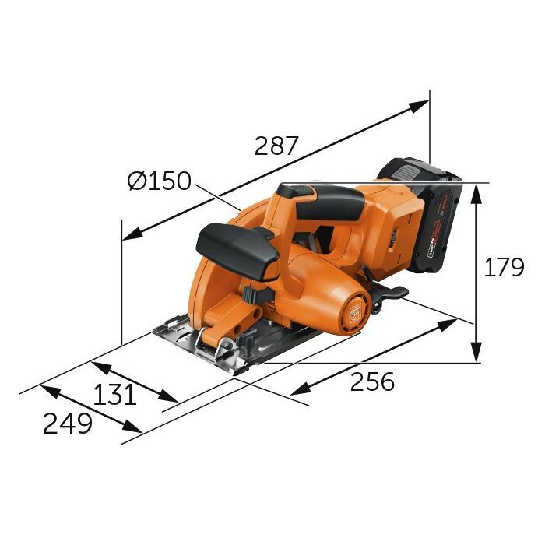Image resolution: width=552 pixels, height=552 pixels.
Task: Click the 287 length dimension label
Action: pyautogui.click(x=276, y=146)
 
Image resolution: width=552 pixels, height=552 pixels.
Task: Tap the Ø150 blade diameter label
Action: pyautogui.click(x=159, y=181)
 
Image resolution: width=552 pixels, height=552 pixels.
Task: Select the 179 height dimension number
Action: pyautogui.click(x=504, y=267)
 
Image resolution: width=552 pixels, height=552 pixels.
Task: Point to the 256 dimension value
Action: pyautogui.click(x=372, y=381)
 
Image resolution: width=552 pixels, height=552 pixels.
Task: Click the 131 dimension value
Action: pyautogui.click(x=114, y=395)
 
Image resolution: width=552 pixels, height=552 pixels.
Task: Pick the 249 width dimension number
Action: pyautogui.click(x=67, y=424)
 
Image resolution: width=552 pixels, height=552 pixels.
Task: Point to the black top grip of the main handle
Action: pyautogui.click(x=327, y=200)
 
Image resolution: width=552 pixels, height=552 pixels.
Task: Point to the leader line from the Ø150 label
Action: pyautogui.click(x=217, y=195)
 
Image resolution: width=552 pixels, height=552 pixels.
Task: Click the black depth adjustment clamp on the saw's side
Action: pyautogui.click(x=254, y=296)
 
